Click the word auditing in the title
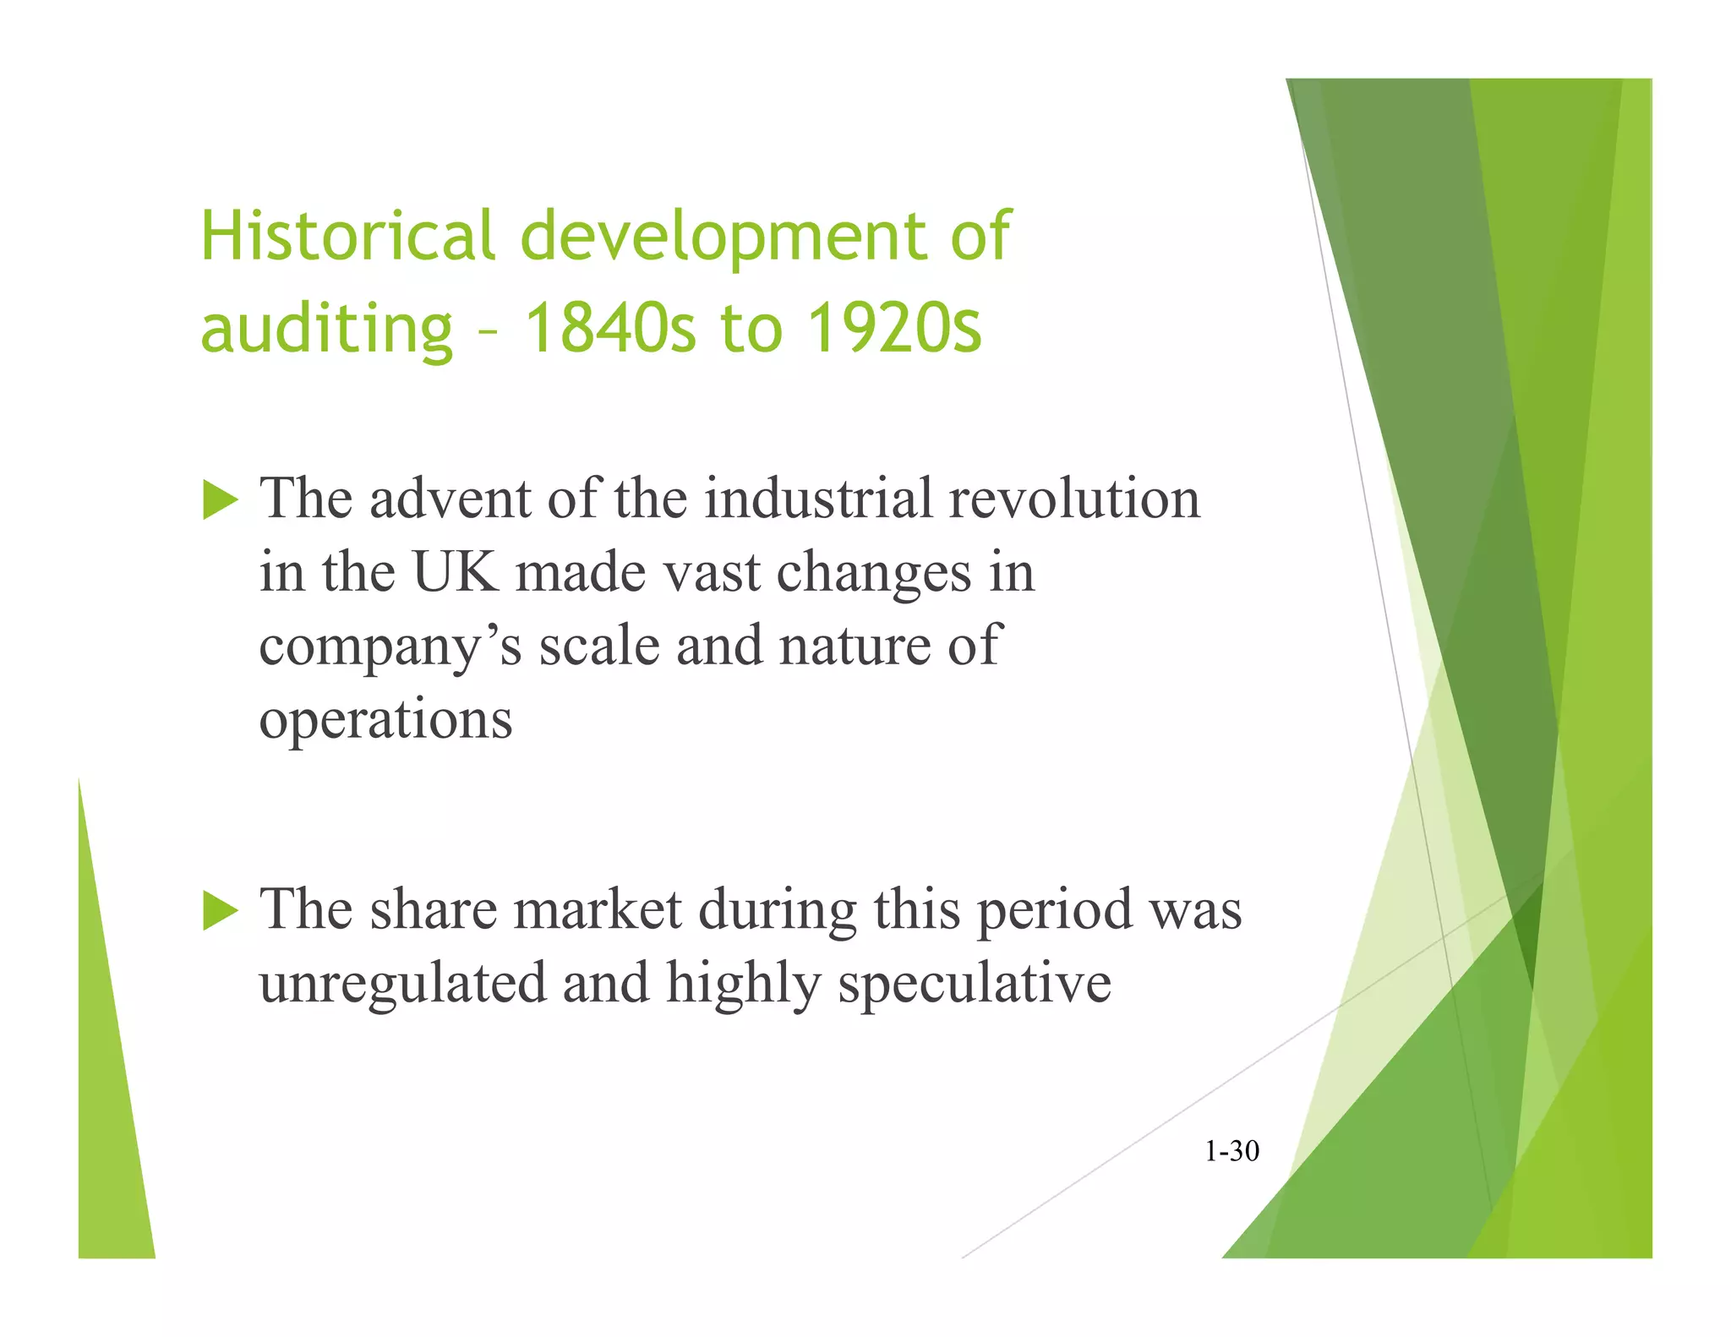click(x=326, y=330)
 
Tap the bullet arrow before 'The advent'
click(x=221, y=500)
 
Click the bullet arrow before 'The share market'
click(x=221, y=912)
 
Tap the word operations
click(x=385, y=721)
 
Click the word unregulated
click(x=402, y=984)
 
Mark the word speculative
click(x=974, y=985)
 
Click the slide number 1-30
click(x=1231, y=1151)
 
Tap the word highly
click(x=743, y=985)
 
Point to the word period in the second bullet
click(x=1054, y=912)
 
